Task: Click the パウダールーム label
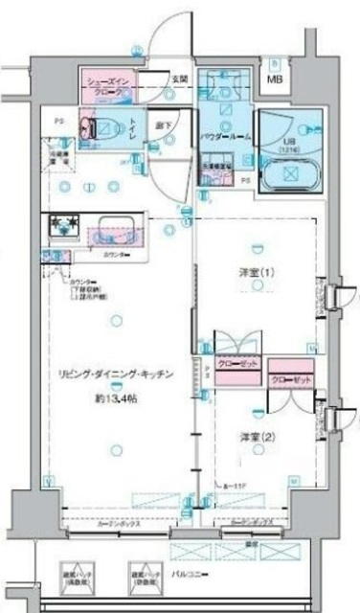coord(229,138)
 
